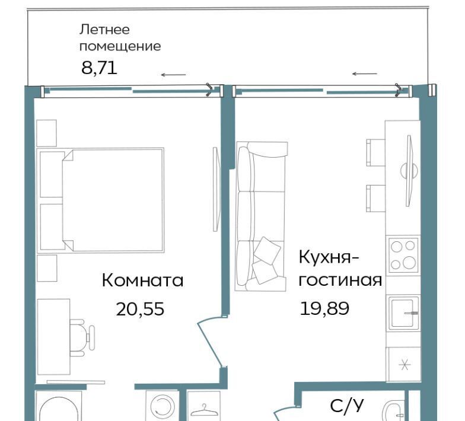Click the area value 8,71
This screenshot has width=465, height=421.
click(x=100, y=68)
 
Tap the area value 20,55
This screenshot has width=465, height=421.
click(x=140, y=309)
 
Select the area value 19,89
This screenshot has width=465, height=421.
click(x=324, y=308)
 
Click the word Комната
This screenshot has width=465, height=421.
click(x=142, y=280)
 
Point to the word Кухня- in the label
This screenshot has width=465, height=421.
click(x=329, y=257)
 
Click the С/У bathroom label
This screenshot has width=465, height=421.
click(x=346, y=406)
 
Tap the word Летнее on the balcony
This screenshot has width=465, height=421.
click(x=104, y=30)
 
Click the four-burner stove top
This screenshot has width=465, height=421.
click(x=403, y=255)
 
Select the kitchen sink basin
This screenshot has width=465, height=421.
click(x=403, y=313)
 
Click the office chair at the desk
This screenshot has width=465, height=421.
click(x=82, y=338)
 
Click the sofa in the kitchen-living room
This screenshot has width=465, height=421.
click(x=261, y=216)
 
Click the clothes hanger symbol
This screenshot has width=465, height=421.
click(x=204, y=410)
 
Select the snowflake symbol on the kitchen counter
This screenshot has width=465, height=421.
click(x=405, y=364)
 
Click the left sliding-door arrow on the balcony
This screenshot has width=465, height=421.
click(x=174, y=75)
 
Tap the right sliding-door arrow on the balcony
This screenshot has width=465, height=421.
click(x=364, y=74)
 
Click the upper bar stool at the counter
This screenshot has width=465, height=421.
click(x=376, y=153)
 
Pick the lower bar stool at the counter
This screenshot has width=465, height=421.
click(x=376, y=198)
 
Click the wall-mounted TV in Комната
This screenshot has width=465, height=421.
click(x=216, y=189)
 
